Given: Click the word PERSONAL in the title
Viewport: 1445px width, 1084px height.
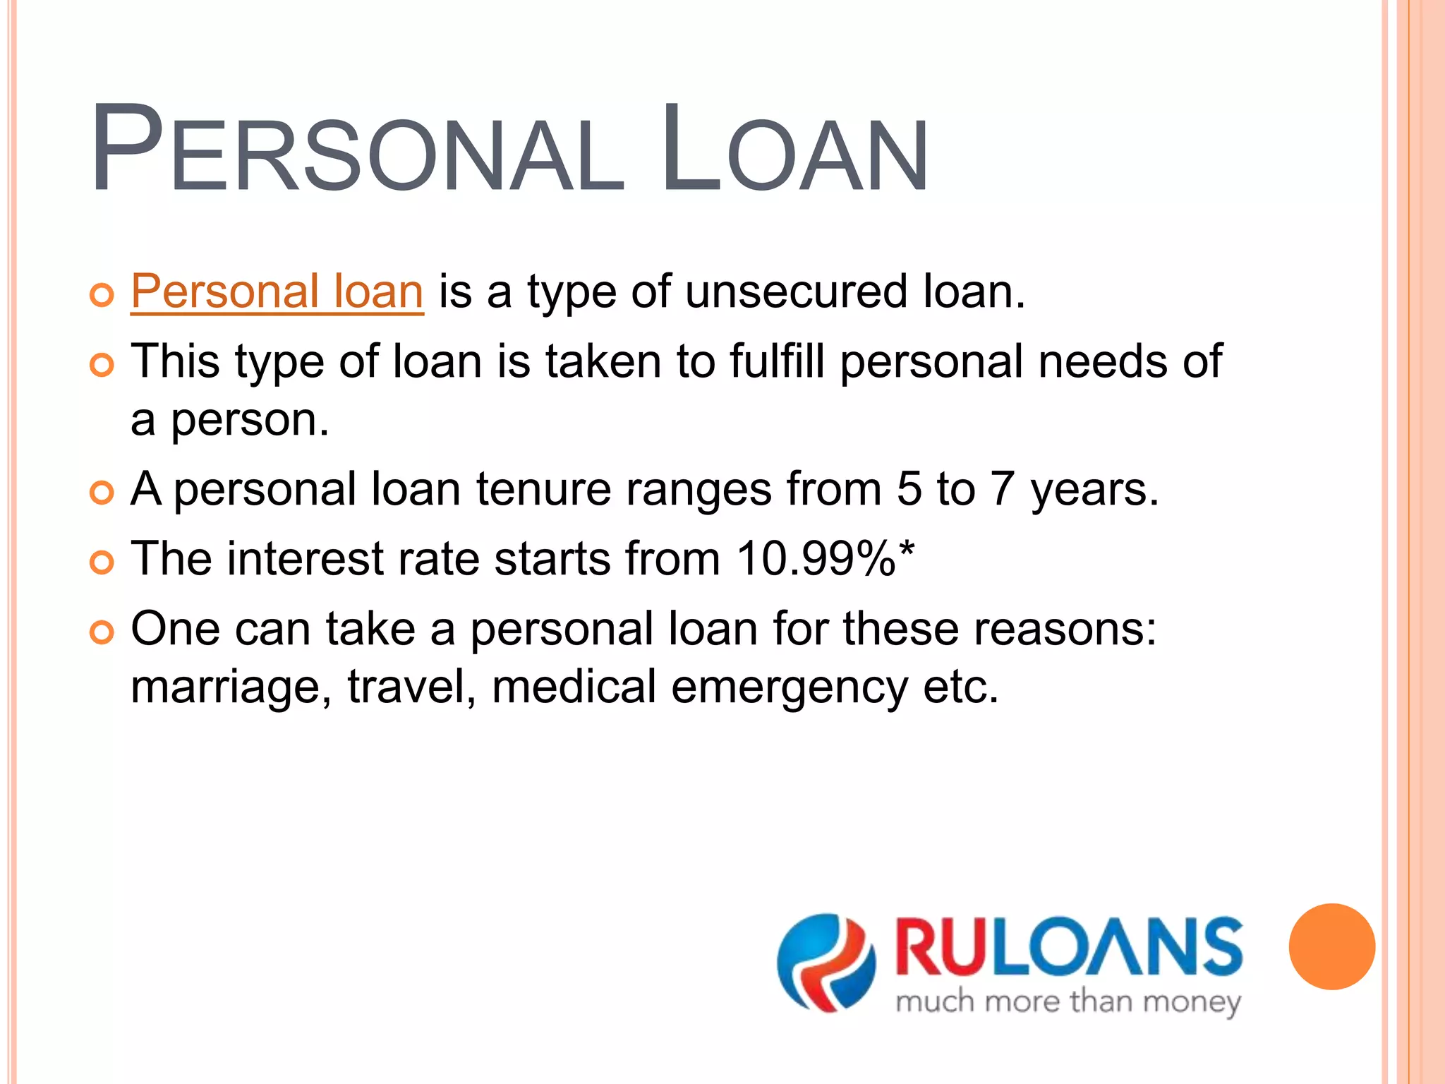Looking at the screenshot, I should click(356, 150).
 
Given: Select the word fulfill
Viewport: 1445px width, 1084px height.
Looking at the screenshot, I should click(776, 361).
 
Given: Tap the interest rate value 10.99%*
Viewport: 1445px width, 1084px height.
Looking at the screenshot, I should click(826, 559).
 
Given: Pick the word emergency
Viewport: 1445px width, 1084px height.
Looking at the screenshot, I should click(789, 687).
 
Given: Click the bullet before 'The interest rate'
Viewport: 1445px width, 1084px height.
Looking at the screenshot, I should click(102, 562).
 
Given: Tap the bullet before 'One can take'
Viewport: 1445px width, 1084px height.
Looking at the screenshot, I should click(102, 632).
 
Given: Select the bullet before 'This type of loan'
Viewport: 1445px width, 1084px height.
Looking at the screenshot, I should click(102, 365).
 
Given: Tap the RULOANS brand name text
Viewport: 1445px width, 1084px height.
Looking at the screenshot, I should click(1069, 947).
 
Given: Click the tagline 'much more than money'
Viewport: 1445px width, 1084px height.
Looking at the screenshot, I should click(1068, 1002).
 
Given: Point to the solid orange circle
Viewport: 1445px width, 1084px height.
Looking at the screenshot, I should click(1331, 946).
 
